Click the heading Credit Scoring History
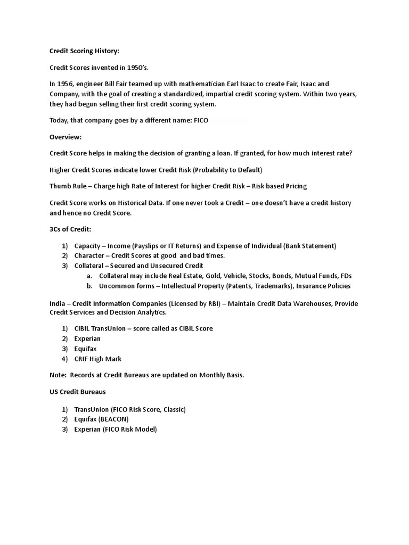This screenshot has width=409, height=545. pos(84,51)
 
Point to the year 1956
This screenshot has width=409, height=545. pos(66,84)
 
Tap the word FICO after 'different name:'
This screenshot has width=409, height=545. pos(200,120)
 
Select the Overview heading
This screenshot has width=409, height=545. pos(66,137)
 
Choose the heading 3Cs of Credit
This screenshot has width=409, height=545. pos(70,229)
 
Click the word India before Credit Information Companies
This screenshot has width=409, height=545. pos(57,303)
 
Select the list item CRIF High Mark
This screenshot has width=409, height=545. pos(98,359)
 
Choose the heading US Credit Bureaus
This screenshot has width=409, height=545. pos(77,392)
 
